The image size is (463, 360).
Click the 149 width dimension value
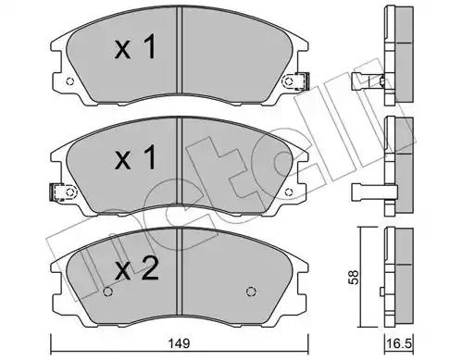pyautogui.click(x=179, y=342)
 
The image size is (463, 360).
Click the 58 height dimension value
pyautogui.click(x=354, y=277)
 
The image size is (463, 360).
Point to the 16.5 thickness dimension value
pyautogui.click(x=400, y=343)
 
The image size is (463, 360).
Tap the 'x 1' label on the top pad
pyautogui.click(x=135, y=47)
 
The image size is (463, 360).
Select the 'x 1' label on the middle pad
pyautogui.click(x=135, y=158)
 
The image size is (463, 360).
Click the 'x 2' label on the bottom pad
pyautogui.click(x=136, y=269)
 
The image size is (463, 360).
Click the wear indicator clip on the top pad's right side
pyautogui.click(x=302, y=81)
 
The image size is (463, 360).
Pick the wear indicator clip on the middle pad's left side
pyautogui.click(x=56, y=192)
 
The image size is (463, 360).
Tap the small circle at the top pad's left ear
pyautogui.click(x=70, y=81)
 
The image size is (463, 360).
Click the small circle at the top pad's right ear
pyautogui.click(x=288, y=81)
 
